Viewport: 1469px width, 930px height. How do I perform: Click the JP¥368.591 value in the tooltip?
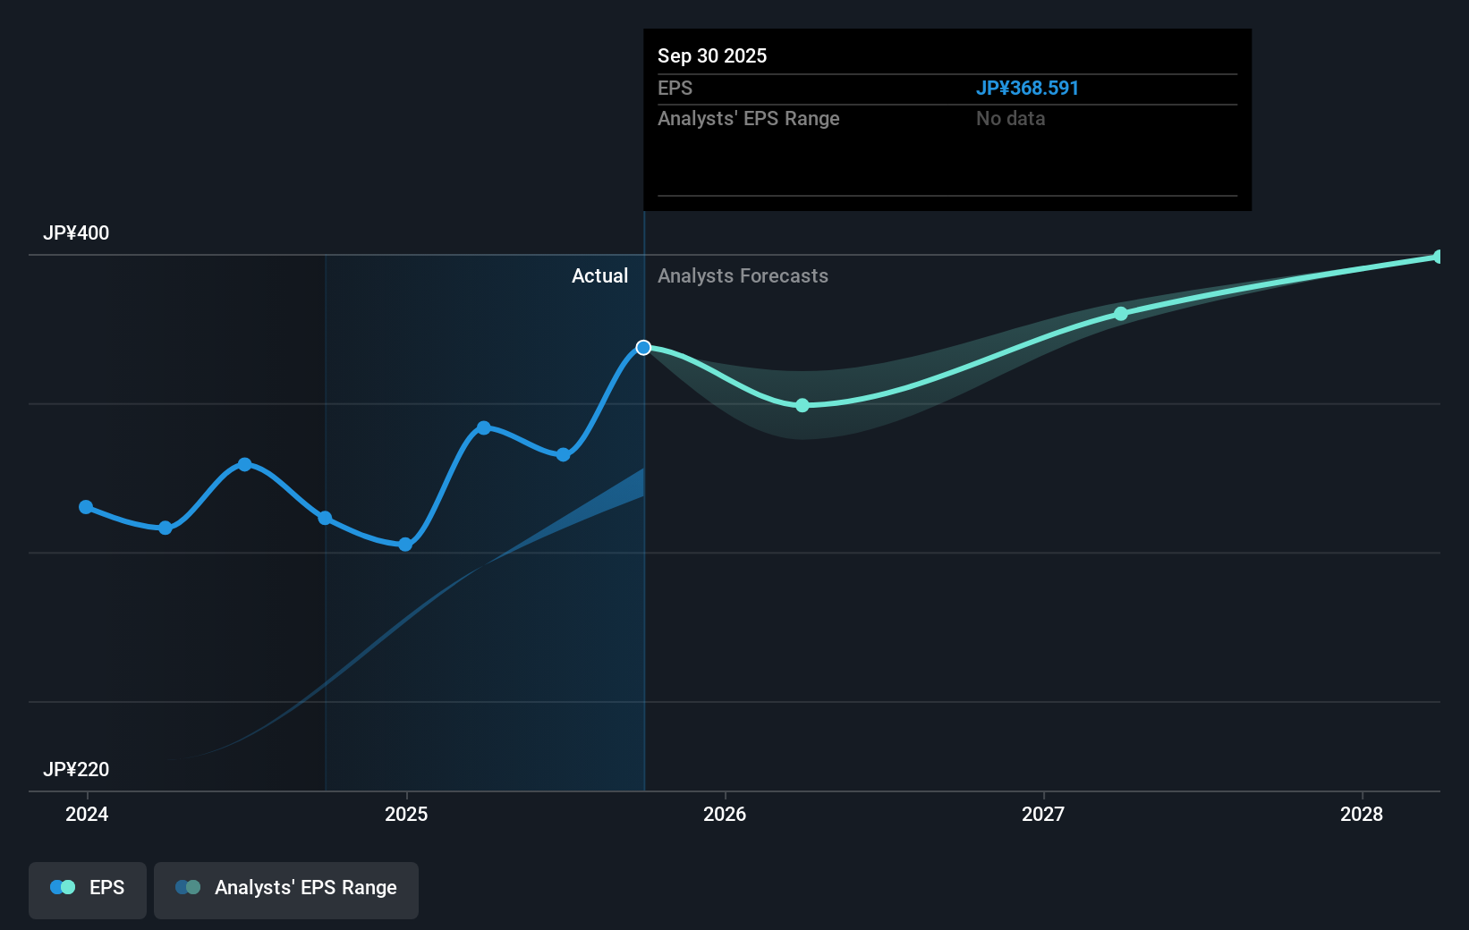click(x=1026, y=89)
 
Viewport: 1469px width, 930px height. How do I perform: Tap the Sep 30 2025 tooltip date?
click(x=712, y=55)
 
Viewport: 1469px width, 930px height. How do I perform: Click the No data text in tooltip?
click(x=1010, y=119)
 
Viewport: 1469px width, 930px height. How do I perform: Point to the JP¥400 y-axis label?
click(x=76, y=233)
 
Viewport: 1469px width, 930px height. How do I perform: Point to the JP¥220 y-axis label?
click(x=76, y=770)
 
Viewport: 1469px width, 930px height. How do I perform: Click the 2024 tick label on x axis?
click(x=87, y=814)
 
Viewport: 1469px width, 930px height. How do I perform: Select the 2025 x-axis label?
click(x=406, y=814)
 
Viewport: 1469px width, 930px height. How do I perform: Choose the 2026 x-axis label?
click(x=725, y=814)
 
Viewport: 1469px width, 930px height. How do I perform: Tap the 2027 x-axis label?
click(x=1043, y=814)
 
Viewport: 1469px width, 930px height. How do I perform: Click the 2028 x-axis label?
click(x=1361, y=814)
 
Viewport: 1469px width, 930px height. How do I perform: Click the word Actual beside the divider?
click(x=599, y=276)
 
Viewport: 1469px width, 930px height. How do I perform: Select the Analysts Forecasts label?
click(x=743, y=276)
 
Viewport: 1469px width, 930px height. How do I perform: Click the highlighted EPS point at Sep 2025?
click(x=643, y=348)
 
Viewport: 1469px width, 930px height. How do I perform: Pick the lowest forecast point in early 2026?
click(x=802, y=405)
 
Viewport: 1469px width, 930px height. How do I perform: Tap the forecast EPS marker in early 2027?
click(x=1121, y=314)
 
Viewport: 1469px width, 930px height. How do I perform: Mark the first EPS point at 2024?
click(x=86, y=507)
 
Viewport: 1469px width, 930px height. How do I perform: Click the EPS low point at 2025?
click(x=405, y=545)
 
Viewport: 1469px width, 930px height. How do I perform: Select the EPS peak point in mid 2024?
click(x=245, y=464)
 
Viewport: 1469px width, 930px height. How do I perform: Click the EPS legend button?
click(x=88, y=889)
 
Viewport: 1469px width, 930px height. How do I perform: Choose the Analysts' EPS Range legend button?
click(x=286, y=889)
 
